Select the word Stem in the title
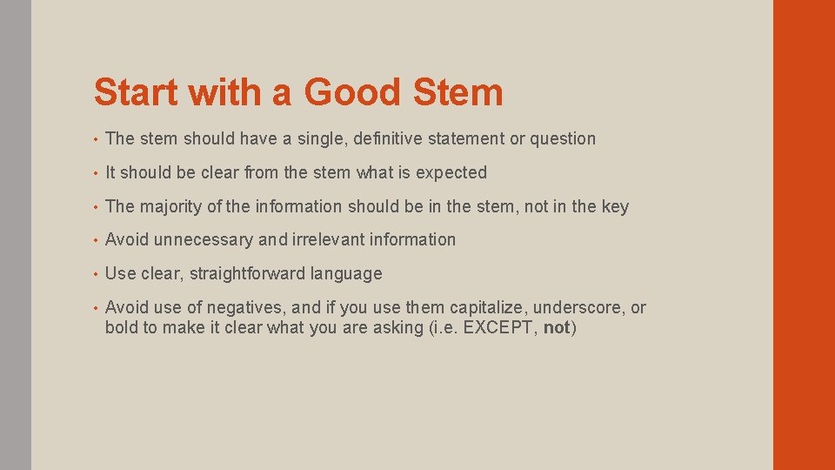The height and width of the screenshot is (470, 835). [x=461, y=92]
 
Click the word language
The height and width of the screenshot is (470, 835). [x=349, y=274]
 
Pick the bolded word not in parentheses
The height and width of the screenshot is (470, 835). [x=557, y=328]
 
